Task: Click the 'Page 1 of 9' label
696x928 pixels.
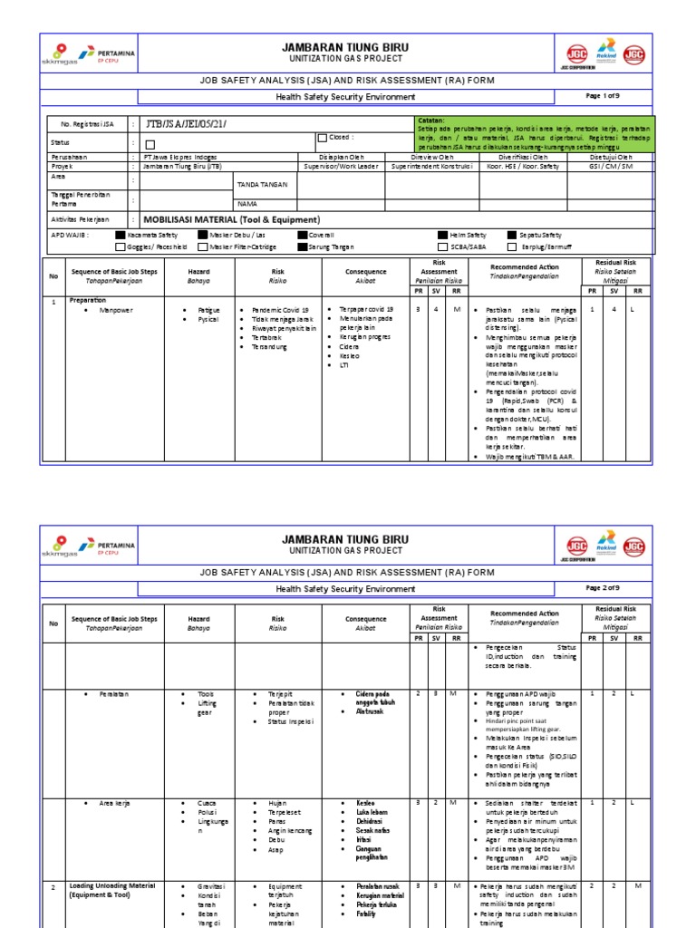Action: (604, 95)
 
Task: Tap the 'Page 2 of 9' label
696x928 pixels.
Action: (604, 588)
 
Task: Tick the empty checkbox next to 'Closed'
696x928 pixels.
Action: (322, 139)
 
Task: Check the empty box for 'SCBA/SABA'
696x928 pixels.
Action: (442, 246)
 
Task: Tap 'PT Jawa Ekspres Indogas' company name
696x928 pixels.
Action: (180, 157)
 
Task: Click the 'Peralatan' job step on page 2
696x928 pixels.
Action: (115, 693)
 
